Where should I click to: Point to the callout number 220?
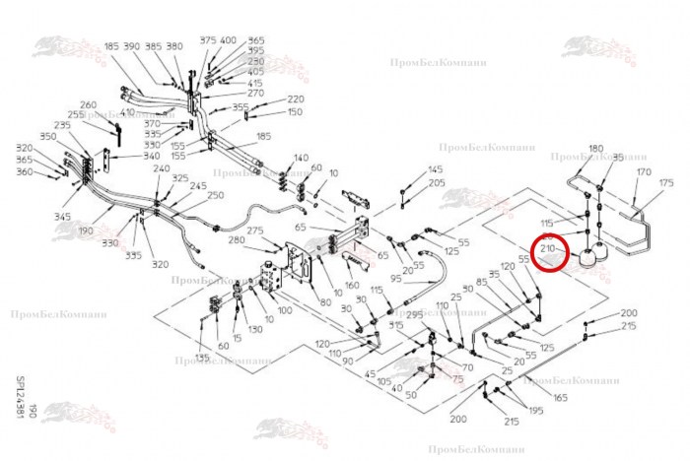[x=296, y=99]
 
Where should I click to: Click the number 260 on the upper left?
[x=89, y=105]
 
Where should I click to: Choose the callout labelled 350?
[x=48, y=136]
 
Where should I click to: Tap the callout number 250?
[x=216, y=195]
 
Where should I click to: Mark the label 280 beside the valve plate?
[x=237, y=240]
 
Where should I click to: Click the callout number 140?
[x=301, y=158]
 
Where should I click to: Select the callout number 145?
[x=436, y=171]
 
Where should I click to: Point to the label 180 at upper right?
[x=595, y=149]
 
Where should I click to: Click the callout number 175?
[x=666, y=183]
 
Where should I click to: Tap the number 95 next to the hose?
[x=395, y=279]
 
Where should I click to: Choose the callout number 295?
[x=414, y=314]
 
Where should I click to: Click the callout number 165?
[x=560, y=397]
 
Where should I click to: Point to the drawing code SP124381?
[x=21, y=399]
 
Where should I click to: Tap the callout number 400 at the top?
[x=228, y=40]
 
